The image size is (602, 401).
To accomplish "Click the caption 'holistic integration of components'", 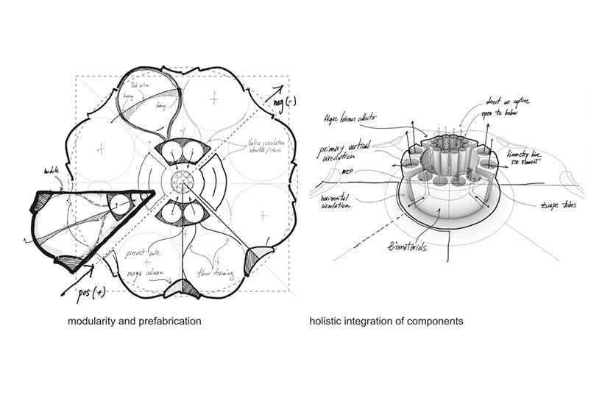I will tap(386, 322).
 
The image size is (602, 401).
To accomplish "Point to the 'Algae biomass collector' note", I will tap(356, 118).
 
